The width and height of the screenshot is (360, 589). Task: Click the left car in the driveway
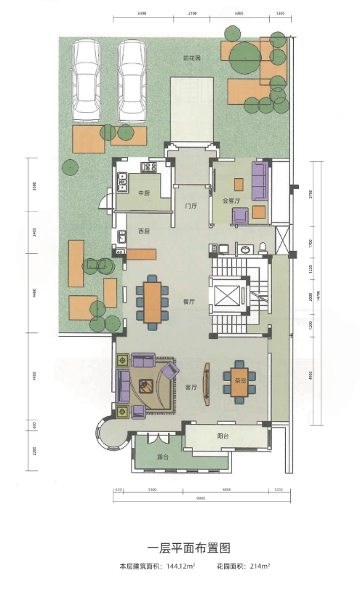pos(87,80)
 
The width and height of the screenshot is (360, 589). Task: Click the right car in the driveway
pos(133,80)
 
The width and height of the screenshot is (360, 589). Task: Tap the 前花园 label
pos(191,57)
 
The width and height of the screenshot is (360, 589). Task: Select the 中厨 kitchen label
pos(143,193)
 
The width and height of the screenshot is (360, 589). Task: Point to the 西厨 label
pos(144,231)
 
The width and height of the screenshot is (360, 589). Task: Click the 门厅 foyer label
pos(191,206)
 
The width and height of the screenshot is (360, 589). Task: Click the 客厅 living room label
pos(191,388)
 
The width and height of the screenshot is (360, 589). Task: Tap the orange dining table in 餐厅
pos(153,301)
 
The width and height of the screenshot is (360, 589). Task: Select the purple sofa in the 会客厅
pos(260,181)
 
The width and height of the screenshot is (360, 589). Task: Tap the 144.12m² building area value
pos(180,566)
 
